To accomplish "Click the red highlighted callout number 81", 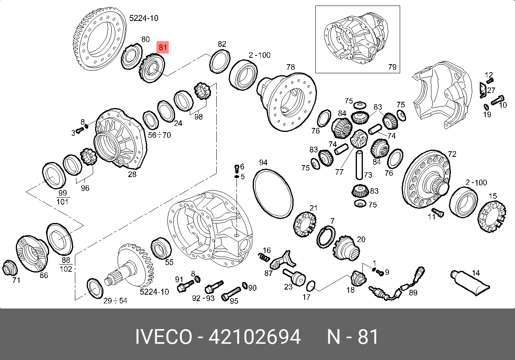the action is (x=162, y=48).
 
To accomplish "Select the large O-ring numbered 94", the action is (x=273, y=194).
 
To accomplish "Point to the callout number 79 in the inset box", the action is (x=392, y=67).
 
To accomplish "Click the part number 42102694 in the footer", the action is (x=254, y=337).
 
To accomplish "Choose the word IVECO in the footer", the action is (x=164, y=337).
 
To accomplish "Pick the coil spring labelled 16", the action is (x=263, y=257).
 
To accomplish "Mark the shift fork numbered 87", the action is (x=282, y=261).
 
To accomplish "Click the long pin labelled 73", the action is (x=359, y=165).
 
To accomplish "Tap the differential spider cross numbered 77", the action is (x=359, y=139).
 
